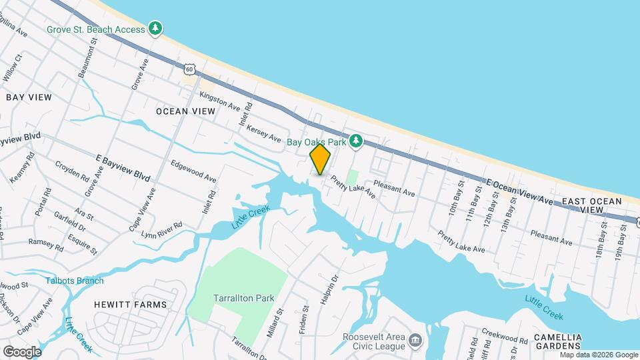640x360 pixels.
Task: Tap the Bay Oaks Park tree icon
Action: pyautogui.click(x=357, y=141)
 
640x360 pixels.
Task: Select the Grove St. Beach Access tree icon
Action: pyautogui.click(x=155, y=28)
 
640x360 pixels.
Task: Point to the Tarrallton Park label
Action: pyautogui.click(x=241, y=297)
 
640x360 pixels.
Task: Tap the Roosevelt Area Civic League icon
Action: pyautogui.click(x=415, y=341)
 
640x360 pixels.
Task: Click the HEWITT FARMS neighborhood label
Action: pyautogui.click(x=130, y=305)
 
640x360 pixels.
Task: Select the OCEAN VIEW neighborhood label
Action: pyautogui.click(x=185, y=111)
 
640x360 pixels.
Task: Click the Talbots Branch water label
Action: pyautogui.click(x=75, y=281)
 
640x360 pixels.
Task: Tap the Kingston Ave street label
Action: pyautogui.click(x=219, y=101)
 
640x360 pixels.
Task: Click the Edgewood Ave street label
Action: pyautogui.click(x=193, y=171)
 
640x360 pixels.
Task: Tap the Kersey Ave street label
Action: pyautogui.click(x=263, y=132)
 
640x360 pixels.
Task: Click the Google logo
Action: pyautogui.click(x=22, y=352)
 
